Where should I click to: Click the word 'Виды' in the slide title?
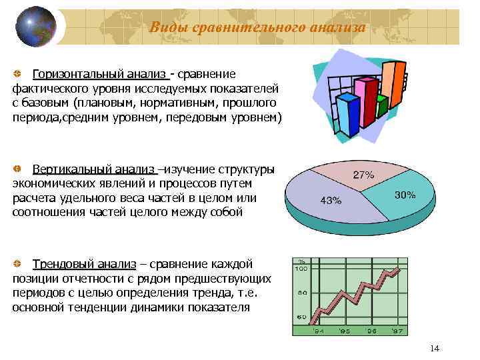(x=165, y=27)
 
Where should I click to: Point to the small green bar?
(x=382, y=106)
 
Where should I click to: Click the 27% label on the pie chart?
(x=363, y=175)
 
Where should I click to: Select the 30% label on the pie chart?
(x=405, y=195)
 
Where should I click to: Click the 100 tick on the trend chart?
(x=301, y=269)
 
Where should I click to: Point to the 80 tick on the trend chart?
(x=301, y=293)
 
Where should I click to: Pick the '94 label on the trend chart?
(x=319, y=331)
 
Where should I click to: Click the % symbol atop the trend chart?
(x=301, y=261)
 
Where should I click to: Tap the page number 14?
(x=435, y=349)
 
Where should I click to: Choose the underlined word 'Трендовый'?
(x=62, y=265)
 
